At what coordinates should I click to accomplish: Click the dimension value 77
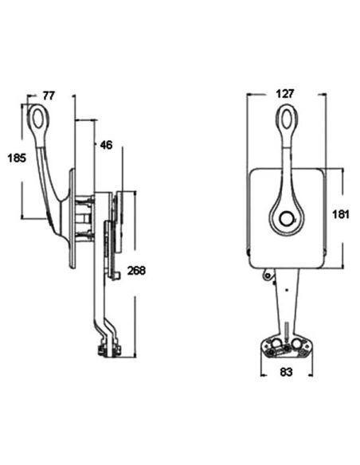pos(49,96)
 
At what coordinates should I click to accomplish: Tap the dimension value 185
pos(17,158)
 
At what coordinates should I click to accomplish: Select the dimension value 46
pos(106,145)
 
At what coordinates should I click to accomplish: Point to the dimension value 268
pos(136,271)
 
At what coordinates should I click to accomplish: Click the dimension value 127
pos(284,94)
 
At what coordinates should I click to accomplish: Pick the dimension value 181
pos(340,214)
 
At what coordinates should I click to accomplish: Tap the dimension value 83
pos(286,372)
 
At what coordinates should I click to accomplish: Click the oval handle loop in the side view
pos(38,117)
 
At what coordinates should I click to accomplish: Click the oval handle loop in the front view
pos(287,119)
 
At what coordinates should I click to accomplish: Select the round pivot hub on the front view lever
pos(287,220)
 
